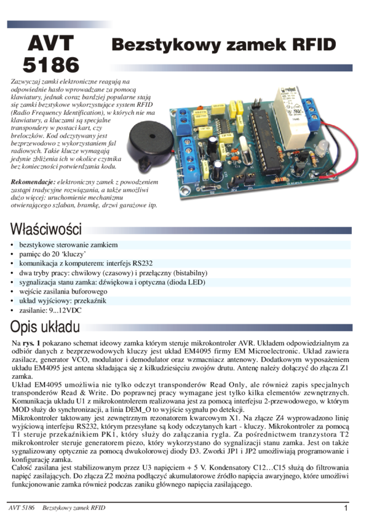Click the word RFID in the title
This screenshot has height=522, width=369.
point(314,45)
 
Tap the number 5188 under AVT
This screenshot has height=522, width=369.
point(50,64)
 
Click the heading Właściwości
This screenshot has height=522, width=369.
point(44,231)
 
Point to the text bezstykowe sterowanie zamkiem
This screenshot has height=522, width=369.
point(68,244)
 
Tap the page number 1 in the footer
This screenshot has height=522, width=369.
point(346,508)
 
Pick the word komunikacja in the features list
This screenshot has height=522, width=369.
point(39,263)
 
